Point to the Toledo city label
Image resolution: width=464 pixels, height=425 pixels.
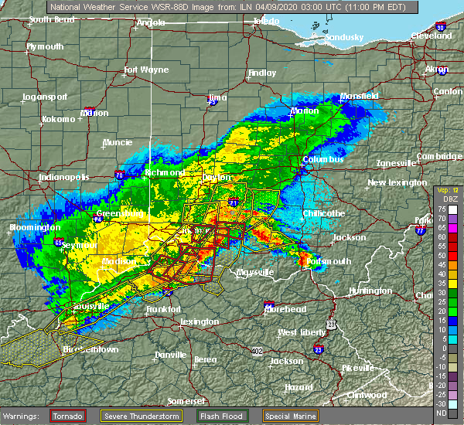click(x=266, y=22)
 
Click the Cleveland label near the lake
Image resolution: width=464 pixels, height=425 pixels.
click(x=431, y=36)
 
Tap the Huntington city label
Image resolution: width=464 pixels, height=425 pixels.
click(x=370, y=291)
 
